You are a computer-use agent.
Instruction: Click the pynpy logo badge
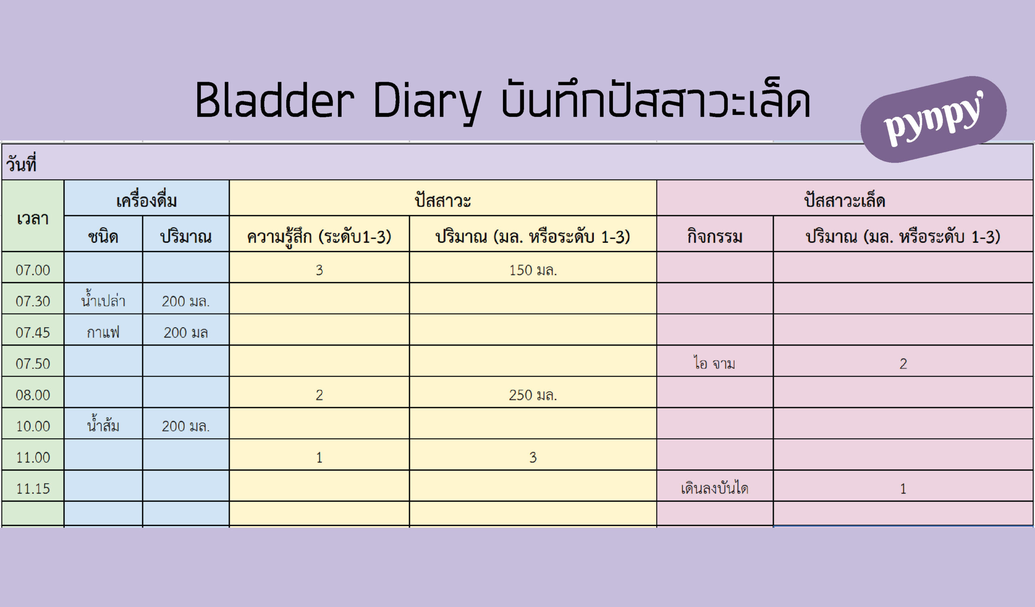[933, 119]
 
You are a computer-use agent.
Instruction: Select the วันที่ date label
[21, 163]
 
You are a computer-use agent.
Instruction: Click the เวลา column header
[33, 218]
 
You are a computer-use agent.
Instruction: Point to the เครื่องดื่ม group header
[147, 201]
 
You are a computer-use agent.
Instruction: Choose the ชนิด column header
[103, 237]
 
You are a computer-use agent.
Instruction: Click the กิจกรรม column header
[715, 237]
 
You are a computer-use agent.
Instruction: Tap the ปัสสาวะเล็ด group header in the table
[845, 201]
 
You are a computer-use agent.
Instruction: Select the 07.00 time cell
[33, 270]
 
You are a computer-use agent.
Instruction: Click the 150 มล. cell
[533, 270]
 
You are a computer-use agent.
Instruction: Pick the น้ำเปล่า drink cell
[103, 301]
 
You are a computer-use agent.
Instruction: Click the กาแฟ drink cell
[103, 332]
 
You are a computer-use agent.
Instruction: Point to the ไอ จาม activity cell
[715, 363]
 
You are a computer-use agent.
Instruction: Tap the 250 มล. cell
[533, 395]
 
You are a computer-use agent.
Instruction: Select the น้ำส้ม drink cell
[103, 426]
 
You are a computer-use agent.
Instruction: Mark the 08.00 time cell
[33, 395]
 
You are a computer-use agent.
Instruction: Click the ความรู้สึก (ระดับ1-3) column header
[319, 237]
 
